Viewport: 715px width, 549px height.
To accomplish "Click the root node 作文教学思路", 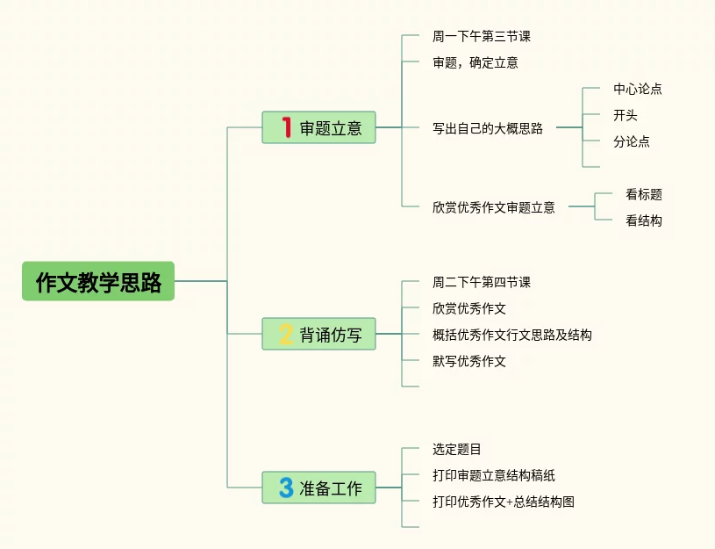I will click(x=98, y=282).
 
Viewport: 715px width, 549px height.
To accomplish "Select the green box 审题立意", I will click(x=318, y=127).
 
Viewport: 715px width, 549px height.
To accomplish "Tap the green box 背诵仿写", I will click(x=318, y=335).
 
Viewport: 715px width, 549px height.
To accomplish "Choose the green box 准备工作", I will click(x=318, y=488).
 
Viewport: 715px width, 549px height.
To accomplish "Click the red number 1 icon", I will click(x=285, y=127).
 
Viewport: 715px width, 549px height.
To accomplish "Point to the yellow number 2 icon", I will click(x=285, y=335).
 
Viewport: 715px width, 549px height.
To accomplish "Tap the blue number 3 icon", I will click(x=285, y=488).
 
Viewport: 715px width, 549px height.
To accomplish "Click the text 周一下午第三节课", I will click(x=481, y=37).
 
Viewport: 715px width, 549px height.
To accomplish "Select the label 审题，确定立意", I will click(x=475, y=63).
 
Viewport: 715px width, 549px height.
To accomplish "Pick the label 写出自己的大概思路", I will click(x=487, y=128).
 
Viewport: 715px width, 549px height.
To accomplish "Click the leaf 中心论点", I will click(x=637, y=89).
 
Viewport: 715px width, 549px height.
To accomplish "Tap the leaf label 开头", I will click(x=625, y=115).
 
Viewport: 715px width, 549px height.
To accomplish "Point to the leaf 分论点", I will click(x=631, y=141).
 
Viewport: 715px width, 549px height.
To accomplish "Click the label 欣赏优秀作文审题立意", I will click(x=493, y=208).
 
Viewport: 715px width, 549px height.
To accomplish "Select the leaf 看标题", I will click(x=643, y=195).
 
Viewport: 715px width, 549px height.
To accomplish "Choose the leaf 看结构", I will click(x=643, y=221).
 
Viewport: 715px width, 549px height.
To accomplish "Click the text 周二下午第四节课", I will click(x=481, y=283).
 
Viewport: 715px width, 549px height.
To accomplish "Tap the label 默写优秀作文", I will click(x=468, y=361).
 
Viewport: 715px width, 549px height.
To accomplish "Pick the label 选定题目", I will click(x=456, y=450).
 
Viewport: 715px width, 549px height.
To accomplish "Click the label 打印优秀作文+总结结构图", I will click(x=503, y=502).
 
